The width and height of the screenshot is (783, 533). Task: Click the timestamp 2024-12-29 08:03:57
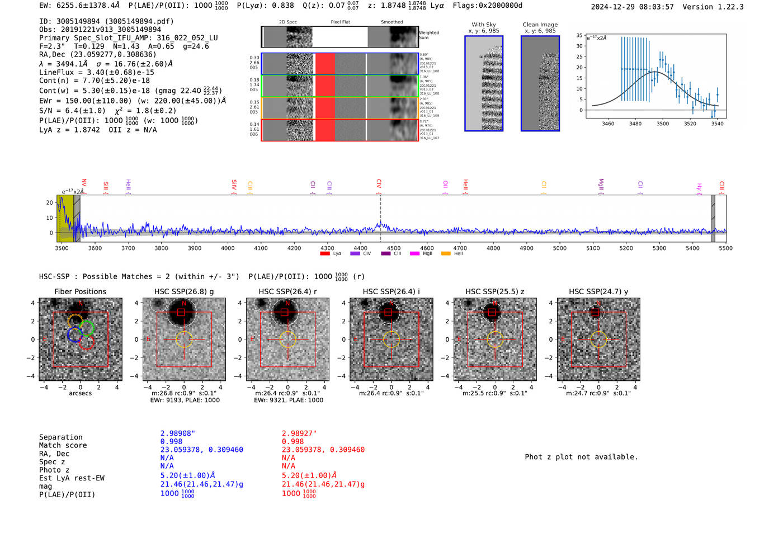(632, 7)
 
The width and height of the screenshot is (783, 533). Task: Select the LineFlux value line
(97, 72)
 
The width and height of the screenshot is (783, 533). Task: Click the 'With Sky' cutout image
(484, 83)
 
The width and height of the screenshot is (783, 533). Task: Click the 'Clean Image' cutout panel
(540, 83)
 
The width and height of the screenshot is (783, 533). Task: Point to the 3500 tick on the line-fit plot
(663, 124)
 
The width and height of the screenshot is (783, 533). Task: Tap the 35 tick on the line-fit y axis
(579, 35)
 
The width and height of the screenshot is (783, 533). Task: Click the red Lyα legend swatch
(325, 254)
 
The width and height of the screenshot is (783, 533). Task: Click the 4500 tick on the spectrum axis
(394, 248)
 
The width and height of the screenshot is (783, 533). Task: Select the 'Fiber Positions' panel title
(80, 291)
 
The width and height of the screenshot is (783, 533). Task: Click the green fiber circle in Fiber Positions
(87, 328)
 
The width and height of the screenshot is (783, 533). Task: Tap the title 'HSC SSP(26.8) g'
(184, 291)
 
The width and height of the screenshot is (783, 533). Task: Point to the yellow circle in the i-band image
(391, 339)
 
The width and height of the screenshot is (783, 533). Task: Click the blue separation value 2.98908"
(178, 433)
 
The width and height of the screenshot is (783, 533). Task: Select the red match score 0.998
(293, 441)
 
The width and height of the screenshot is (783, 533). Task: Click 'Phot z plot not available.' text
(581, 457)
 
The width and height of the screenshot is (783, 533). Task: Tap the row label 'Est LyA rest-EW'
(72, 478)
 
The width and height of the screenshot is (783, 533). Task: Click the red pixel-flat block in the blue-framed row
(325, 64)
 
